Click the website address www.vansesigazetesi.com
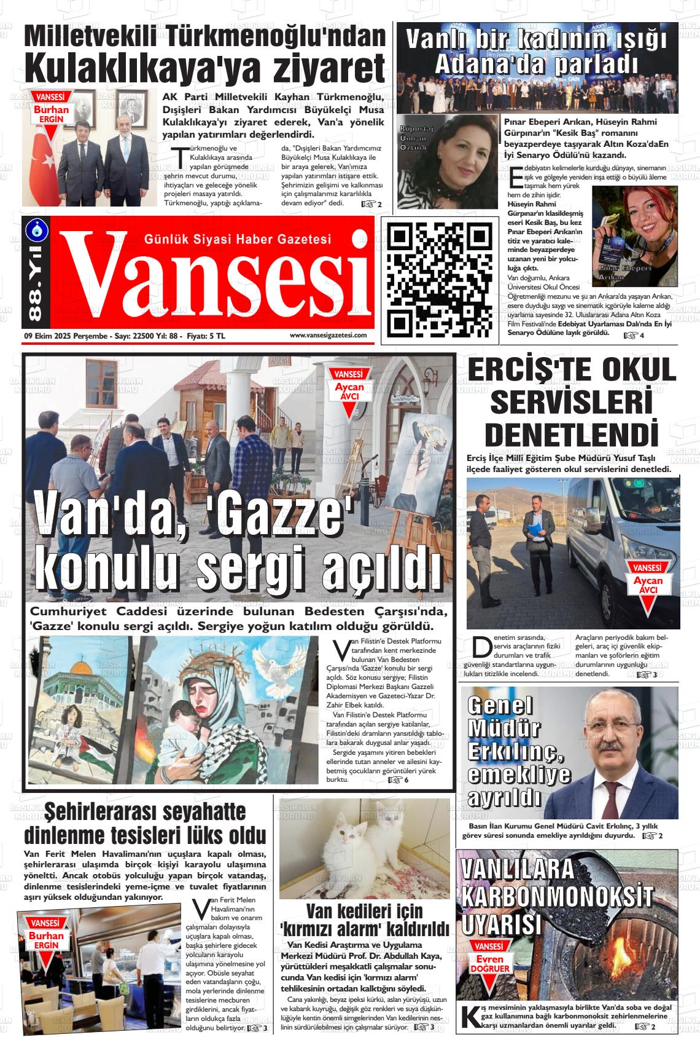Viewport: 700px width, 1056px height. point(328,335)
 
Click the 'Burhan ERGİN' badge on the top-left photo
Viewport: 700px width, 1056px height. point(52,109)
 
